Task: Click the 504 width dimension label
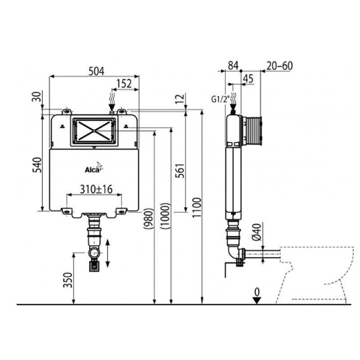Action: pos(96,71)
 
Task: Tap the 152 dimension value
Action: pos(124,84)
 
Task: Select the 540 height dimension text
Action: pos(37,165)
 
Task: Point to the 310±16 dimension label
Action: pos(96,189)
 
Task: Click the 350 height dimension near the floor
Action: pos(68,280)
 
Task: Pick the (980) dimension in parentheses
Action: pos(148,218)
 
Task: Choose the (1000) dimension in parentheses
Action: pos(165,216)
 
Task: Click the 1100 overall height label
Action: pos(197,207)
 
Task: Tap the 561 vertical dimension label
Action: pos(180,171)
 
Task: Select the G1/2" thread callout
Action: pos(220,99)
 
